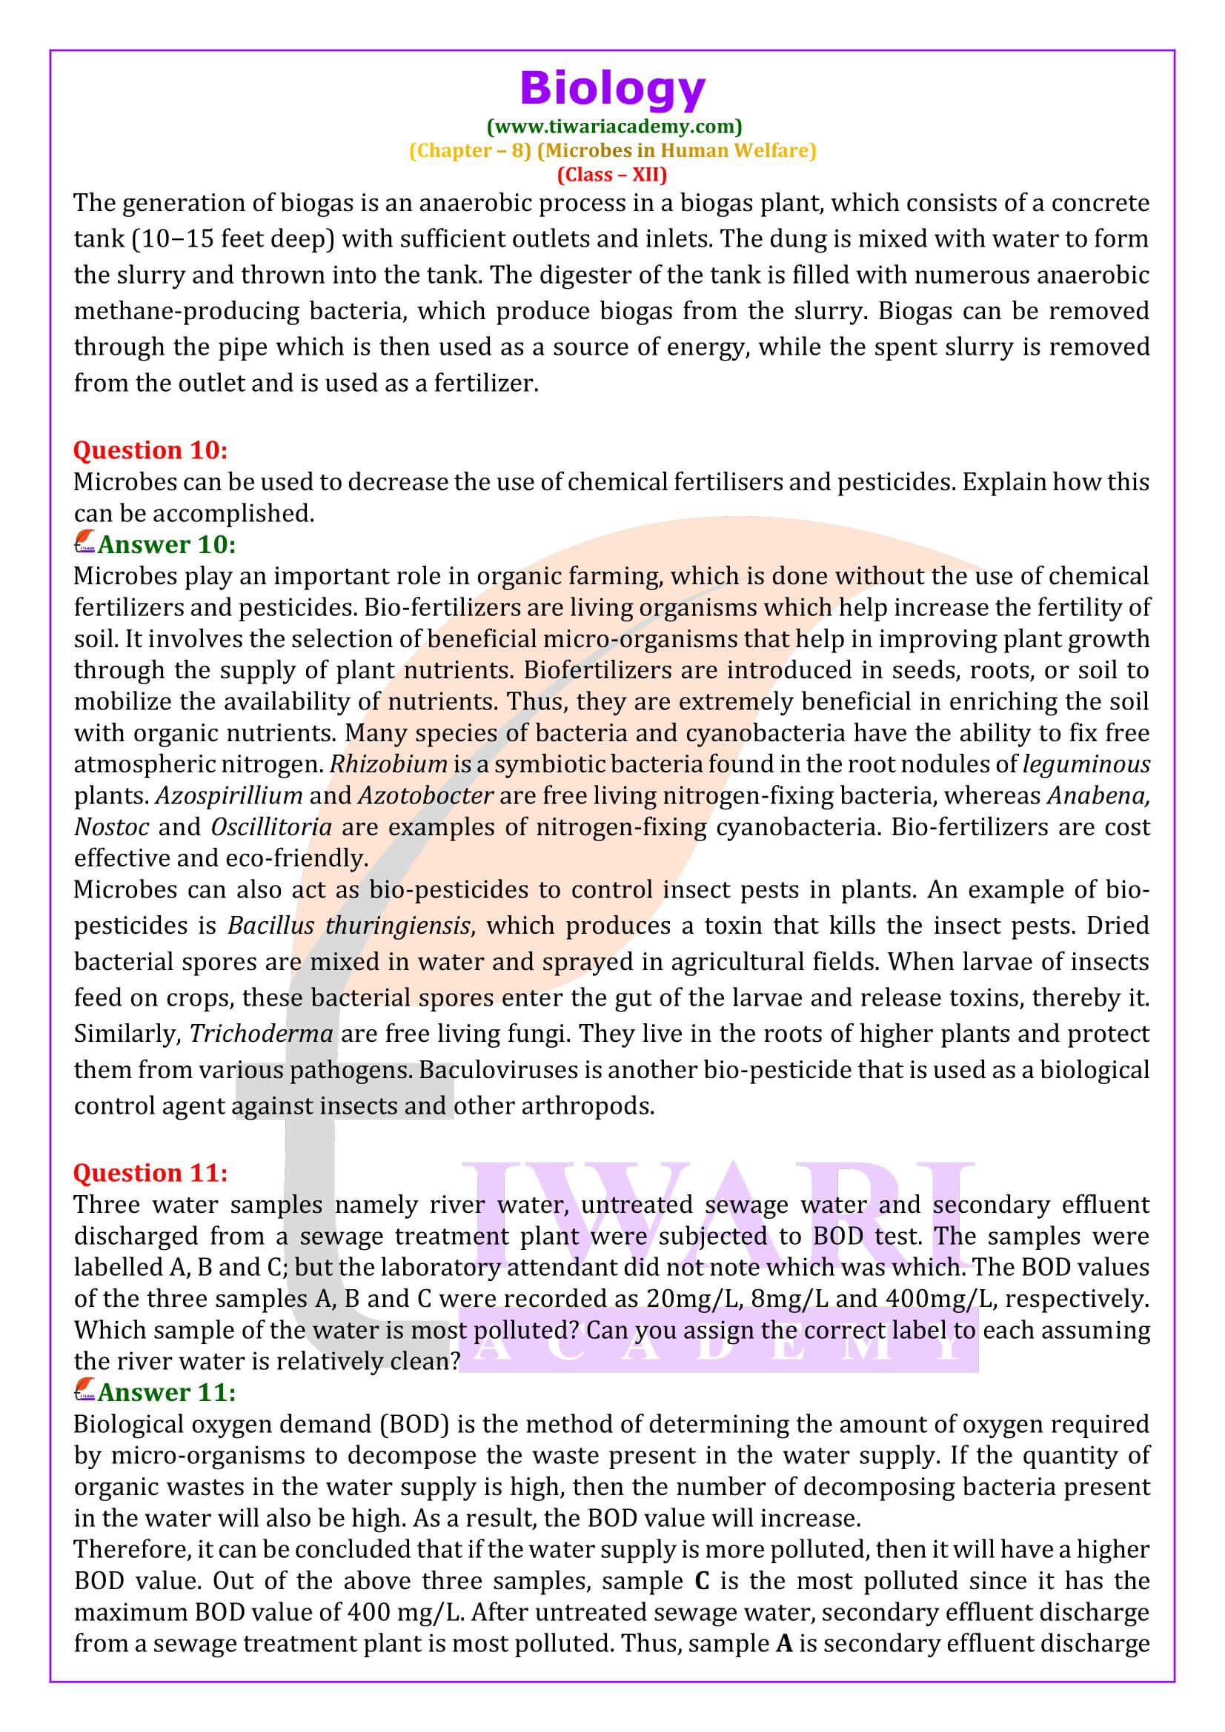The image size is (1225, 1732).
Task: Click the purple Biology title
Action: (612, 89)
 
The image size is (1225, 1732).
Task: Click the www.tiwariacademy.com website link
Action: (614, 126)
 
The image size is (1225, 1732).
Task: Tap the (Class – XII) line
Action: (612, 174)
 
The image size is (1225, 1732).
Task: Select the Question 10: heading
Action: (150, 450)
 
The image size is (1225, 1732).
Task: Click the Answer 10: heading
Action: (167, 544)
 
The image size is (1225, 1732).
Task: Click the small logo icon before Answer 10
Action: (84, 542)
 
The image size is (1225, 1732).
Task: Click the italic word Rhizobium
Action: (389, 764)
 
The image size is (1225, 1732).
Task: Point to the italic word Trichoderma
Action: (261, 1034)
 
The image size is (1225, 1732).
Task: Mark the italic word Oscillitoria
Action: (271, 828)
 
